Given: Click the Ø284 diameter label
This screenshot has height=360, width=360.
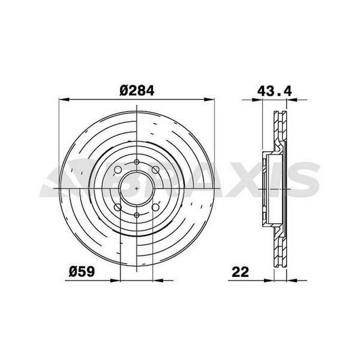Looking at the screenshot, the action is [x=137, y=91].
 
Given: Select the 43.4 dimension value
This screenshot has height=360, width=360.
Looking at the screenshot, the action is [x=274, y=91].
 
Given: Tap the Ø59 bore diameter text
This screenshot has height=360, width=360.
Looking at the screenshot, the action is [x=82, y=272].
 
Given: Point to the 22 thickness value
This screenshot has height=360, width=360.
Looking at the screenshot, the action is [x=240, y=272].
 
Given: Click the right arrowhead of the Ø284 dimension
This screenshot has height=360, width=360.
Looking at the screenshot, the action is [x=209, y=99].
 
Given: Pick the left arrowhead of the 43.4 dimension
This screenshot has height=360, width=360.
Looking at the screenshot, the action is [x=257, y=99].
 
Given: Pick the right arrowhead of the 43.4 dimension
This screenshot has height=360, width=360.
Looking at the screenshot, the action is [x=292, y=99].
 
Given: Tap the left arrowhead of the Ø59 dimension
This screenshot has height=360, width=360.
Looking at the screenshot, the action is [x=116, y=280].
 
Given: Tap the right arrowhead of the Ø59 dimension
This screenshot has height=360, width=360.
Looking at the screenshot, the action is [x=158, y=280].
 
